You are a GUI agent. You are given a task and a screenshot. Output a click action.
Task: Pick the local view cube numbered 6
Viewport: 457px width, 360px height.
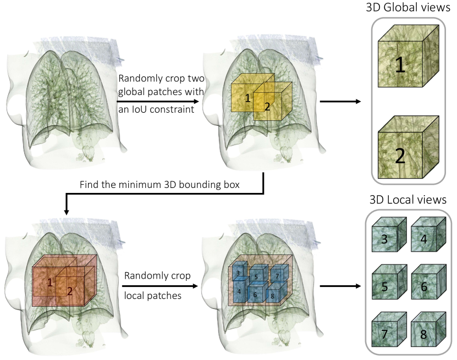point(430,284)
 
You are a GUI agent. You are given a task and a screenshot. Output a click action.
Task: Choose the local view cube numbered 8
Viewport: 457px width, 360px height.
point(430,331)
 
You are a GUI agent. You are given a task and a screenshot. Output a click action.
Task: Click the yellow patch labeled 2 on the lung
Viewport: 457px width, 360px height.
point(269,104)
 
